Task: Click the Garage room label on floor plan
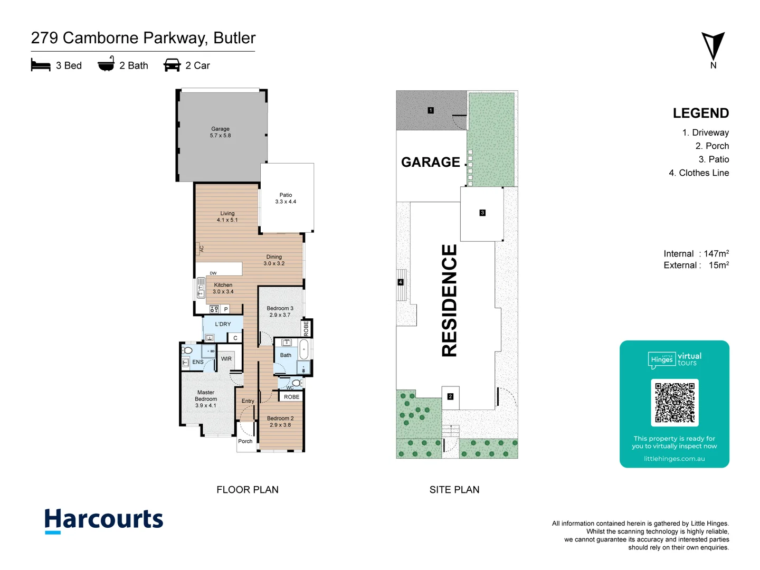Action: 220,132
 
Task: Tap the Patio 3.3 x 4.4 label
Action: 286,198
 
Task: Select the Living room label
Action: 227,216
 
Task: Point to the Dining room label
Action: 274,260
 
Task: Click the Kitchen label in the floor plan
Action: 223,288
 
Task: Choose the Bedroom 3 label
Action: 280,311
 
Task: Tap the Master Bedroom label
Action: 206,398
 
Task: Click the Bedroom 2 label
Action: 280,421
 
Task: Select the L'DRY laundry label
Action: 223,324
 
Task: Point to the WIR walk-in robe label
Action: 226,359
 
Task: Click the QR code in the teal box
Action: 674,402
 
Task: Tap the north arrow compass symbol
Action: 713,47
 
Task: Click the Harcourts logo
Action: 104,520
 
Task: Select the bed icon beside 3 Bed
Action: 41,65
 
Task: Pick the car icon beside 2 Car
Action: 172,65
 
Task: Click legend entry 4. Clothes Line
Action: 699,173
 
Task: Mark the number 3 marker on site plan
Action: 482,213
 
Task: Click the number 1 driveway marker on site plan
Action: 431,110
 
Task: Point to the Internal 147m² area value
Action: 696,253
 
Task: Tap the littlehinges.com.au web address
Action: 674,459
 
